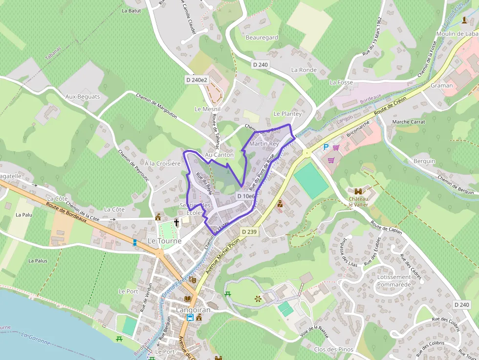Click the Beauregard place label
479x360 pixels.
click(262, 38)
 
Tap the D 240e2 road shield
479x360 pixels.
click(197, 80)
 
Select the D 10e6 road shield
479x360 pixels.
click(246, 196)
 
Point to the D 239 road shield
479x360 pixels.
click(249, 232)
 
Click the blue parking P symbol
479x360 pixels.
click(326, 147)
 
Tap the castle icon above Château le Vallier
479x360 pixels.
click(360, 192)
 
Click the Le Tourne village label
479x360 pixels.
click(165, 241)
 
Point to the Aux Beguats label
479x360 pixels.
click(83, 97)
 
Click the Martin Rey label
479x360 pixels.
click(264, 144)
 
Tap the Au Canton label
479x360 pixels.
click(219, 155)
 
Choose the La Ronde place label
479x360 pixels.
click(304, 70)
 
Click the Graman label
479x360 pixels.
click(441, 85)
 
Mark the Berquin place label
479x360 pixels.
click(424, 161)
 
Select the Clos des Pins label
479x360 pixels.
click(333, 350)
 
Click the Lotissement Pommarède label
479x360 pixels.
click(394, 280)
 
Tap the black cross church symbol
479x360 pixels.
click(177, 222)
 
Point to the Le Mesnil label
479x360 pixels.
click(208, 109)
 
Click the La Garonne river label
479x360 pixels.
click(36, 339)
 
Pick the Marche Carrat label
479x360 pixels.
click(409, 122)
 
